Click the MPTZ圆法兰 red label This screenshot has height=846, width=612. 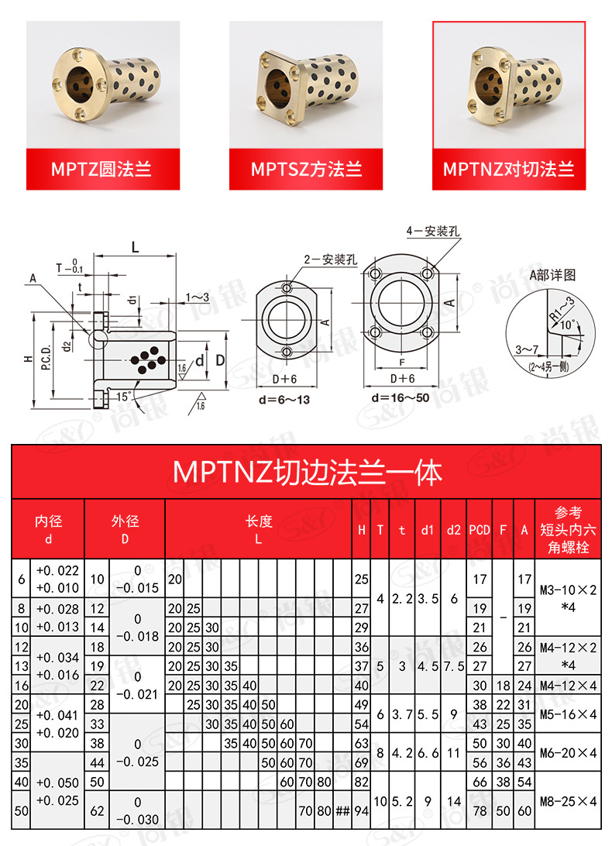pyautogui.click(x=103, y=169)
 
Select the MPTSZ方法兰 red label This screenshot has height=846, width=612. pyautogui.click(x=306, y=169)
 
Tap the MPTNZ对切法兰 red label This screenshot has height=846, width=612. pyautogui.click(x=509, y=169)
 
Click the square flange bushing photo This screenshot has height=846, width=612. pyautogui.click(x=306, y=84)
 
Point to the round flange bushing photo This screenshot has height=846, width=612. pyautogui.click(x=103, y=84)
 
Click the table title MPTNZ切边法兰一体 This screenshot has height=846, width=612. pyautogui.click(x=307, y=472)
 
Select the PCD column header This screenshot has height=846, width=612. pyautogui.click(x=480, y=530)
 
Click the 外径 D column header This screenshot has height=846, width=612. pyautogui.click(x=125, y=530)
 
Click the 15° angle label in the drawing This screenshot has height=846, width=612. pyautogui.click(x=123, y=397)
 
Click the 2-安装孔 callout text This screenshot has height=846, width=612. pyautogui.click(x=332, y=260)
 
